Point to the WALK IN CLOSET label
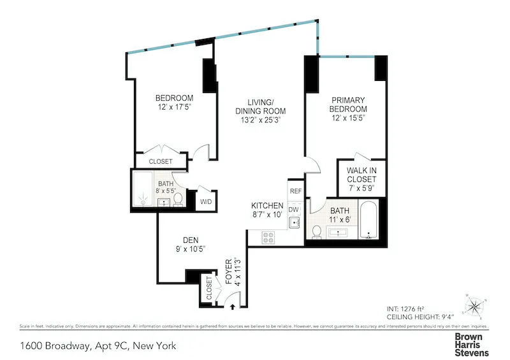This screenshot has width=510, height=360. [x=361, y=180]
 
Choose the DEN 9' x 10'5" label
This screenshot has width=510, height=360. [x=187, y=245]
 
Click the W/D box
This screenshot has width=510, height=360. [x=206, y=202]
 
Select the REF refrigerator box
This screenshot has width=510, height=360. [x=295, y=190]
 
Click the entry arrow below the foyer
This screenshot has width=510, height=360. [x=232, y=306]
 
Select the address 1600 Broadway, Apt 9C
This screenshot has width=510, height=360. [x=97, y=347]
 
